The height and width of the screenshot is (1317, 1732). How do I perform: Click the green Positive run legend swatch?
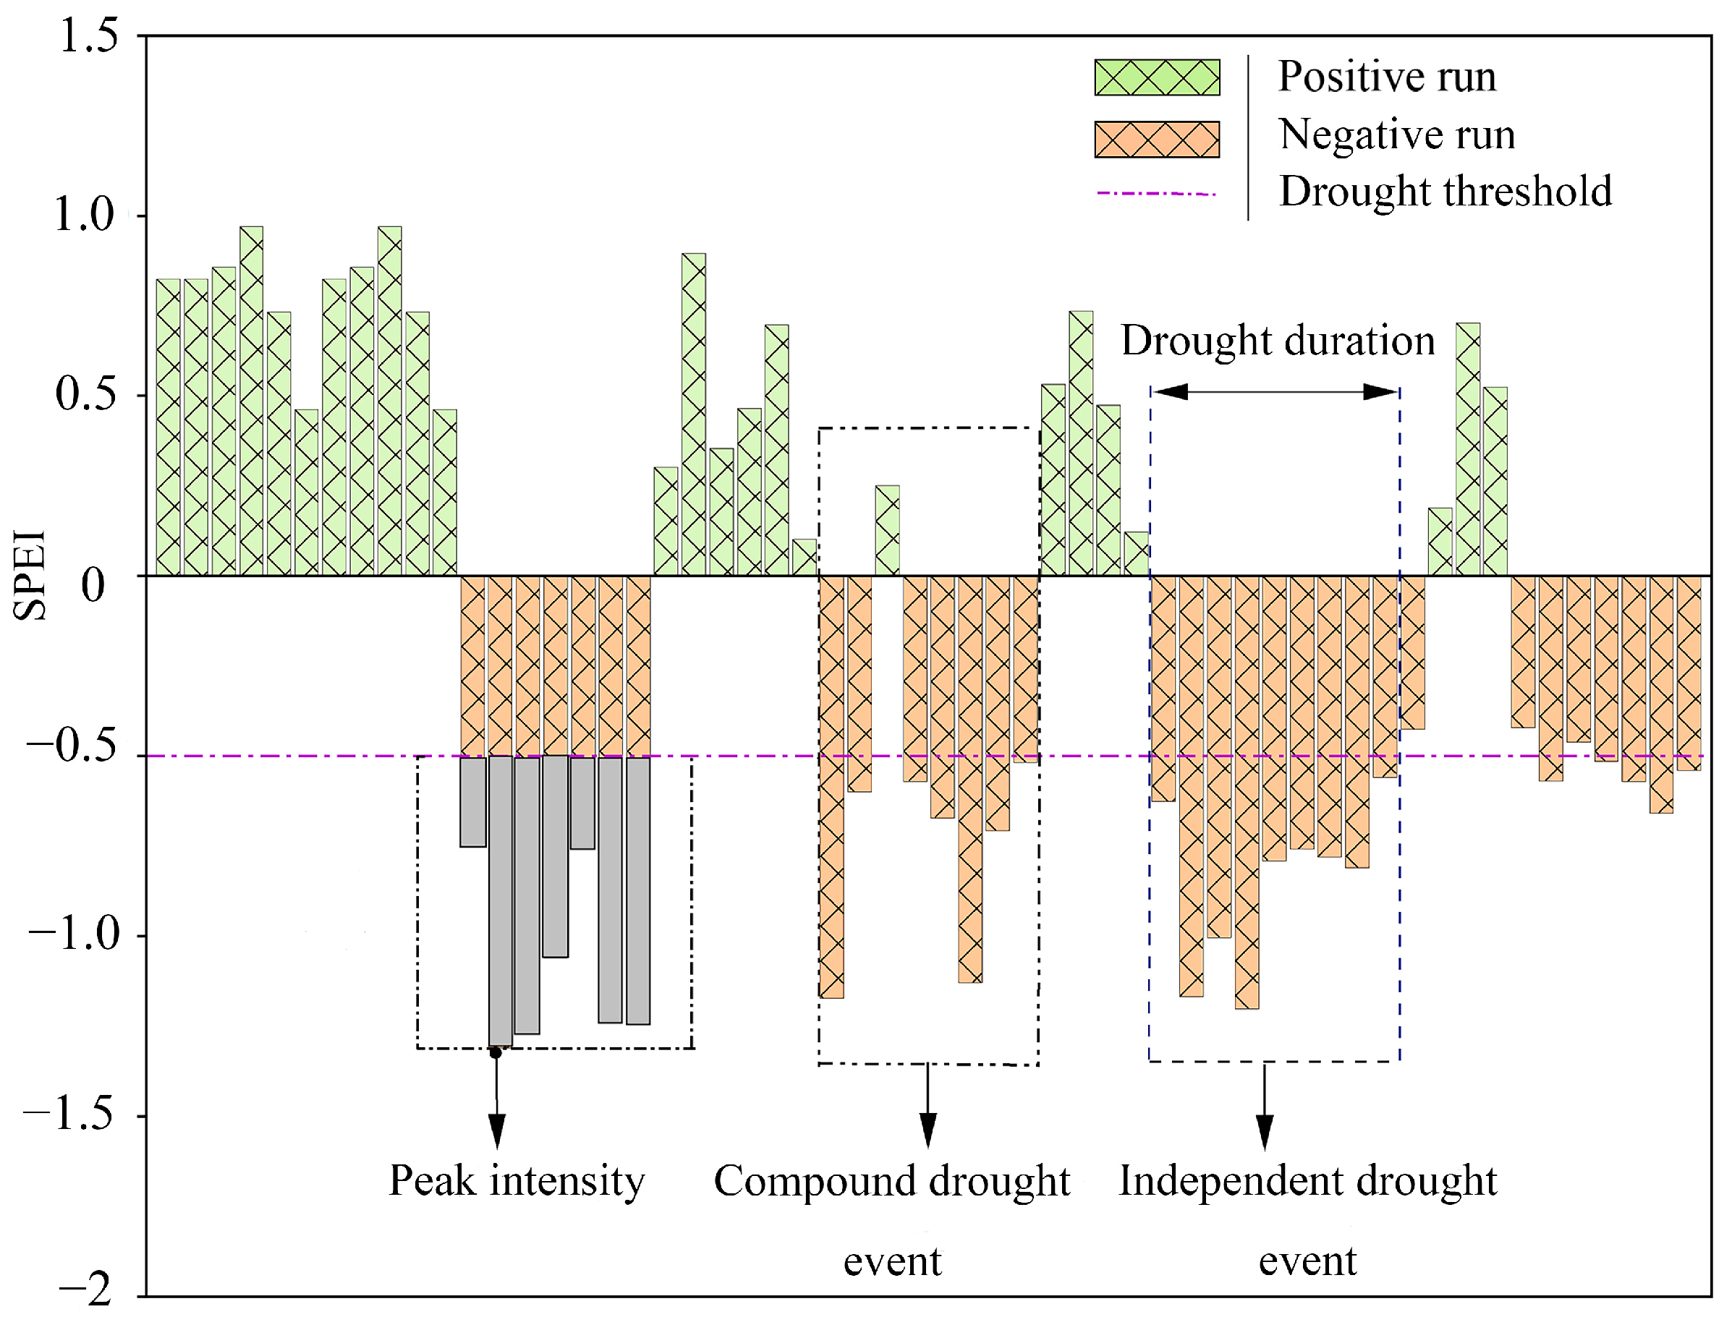1158,77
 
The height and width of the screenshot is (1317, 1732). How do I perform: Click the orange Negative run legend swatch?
1158,139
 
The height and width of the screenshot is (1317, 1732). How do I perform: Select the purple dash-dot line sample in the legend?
1157,193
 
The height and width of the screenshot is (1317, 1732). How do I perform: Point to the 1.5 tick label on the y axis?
88,36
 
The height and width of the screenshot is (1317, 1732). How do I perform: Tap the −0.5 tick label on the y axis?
72,746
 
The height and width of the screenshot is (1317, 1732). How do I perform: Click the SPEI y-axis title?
30,576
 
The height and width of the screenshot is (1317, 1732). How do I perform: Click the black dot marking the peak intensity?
496,1052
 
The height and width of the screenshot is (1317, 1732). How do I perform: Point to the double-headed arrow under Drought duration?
1275,391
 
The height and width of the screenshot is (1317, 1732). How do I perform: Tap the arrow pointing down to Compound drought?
928,1105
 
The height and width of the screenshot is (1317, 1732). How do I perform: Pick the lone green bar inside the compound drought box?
888,531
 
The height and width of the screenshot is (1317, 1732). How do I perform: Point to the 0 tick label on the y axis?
93,586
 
